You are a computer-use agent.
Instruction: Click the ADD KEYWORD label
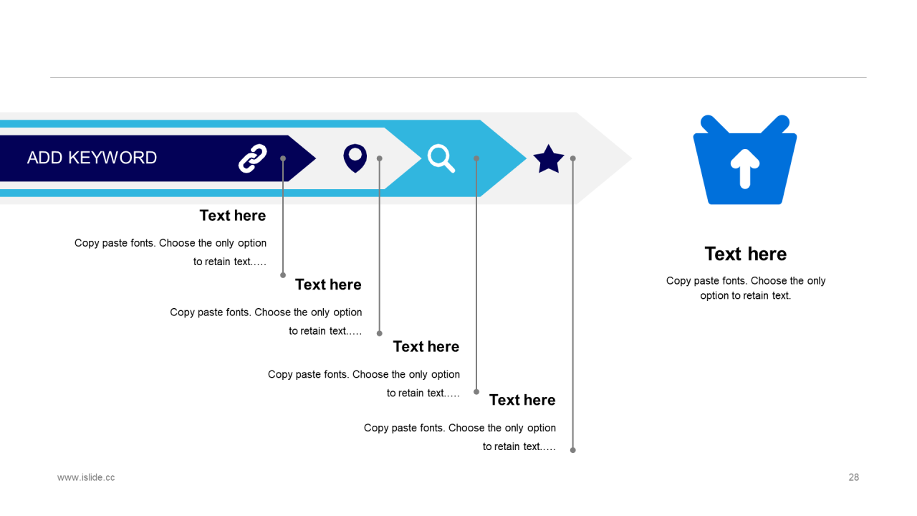point(92,158)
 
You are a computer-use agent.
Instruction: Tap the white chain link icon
point(252,158)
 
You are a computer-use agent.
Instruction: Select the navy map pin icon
point(355,158)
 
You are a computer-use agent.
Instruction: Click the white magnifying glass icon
point(441,158)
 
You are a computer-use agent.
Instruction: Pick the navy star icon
point(549,159)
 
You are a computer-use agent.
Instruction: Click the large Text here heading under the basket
point(745,254)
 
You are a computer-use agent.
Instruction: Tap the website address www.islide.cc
point(86,477)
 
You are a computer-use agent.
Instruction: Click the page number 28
point(853,477)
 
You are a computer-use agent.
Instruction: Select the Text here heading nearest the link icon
point(232,216)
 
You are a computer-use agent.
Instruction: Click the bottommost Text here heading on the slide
point(522,400)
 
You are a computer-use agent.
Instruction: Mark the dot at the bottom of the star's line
point(573,450)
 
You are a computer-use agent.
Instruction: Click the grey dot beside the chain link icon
point(283,158)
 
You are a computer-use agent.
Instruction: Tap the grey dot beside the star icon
point(573,158)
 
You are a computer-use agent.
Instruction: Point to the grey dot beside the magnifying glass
point(476,158)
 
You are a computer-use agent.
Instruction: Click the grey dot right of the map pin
point(380,158)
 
